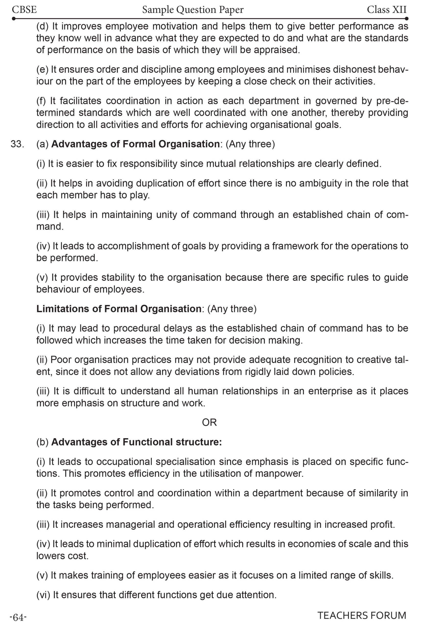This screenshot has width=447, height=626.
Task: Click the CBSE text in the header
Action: point(24,10)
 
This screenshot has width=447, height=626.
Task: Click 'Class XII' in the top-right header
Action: point(387,10)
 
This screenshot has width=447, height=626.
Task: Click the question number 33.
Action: point(17,144)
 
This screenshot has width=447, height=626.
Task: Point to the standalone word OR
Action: point(209,423)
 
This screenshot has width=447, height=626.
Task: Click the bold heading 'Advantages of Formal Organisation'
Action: point(135,144)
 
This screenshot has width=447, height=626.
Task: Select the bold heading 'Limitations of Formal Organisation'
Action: point(119,309)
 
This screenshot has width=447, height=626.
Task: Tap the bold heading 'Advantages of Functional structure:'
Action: point(137,442)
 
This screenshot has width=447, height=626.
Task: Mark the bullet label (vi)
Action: point(43,595)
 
